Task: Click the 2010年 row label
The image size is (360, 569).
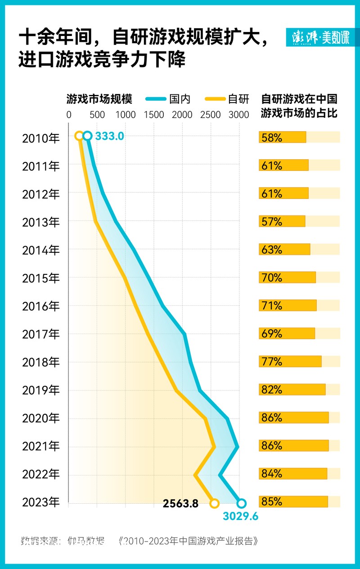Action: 40,138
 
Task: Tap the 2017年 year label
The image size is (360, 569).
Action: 40,334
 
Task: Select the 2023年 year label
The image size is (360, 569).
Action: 40,502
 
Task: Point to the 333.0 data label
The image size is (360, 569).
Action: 109,136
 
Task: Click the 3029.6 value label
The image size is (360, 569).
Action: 240,516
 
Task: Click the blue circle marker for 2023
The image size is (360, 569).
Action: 241,503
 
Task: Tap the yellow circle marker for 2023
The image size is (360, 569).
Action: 215,503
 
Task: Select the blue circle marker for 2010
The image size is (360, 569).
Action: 88,136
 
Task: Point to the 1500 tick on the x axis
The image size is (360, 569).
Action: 154,115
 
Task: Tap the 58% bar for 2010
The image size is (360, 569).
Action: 282,137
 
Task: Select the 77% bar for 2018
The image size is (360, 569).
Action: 290,361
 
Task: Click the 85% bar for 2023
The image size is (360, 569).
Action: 293,502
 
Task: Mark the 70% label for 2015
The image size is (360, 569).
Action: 271,278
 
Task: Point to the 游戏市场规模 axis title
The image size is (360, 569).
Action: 99,99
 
